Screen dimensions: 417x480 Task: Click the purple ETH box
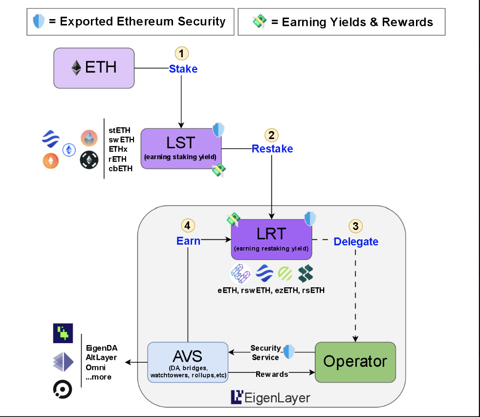pyautogui.click(x=94, y=68)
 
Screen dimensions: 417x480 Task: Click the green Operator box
pyautogui.click(x=355, y=362)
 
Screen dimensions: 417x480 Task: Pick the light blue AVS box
pyautogui.click(x=188, y=362)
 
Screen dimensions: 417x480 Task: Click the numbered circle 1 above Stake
pyautogui.click(x=182, y=53)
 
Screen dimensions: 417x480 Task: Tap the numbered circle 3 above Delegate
pyautogui.click(x=355, y=226)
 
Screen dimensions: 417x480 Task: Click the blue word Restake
pyautogui.click(x=272, y=148)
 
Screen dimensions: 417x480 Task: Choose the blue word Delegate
pyautogui.click(x=356, y=241)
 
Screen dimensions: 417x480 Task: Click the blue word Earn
pyautogui.click(x=188, y=241)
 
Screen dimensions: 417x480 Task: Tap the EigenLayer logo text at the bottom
pyautogui.click(x=270, y=397)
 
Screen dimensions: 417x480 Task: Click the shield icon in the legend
pyautogui.click(x=38, y=22)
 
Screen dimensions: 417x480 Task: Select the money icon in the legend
pyautogui.click(x=259, y=22)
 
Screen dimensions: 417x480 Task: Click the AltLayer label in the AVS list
pyautogui.click(x=101, y=357)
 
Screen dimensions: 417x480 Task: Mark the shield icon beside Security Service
pyautogui.click(x=289, y=351)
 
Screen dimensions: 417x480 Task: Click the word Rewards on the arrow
pyautogui.click(x=271, y=374)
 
